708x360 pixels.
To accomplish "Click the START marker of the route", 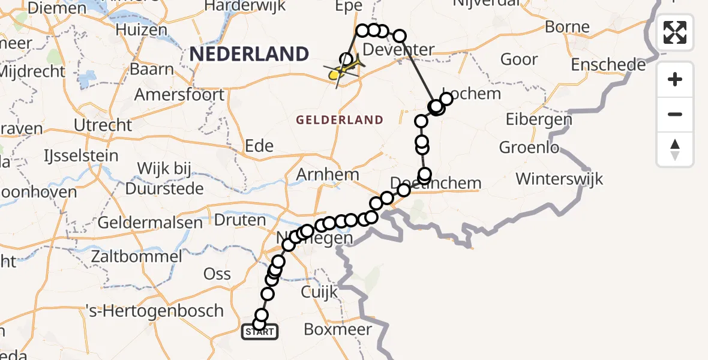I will pos(259,331).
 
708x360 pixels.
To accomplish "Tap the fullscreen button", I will pos(675,32).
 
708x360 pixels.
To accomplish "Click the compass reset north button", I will pos(675,149).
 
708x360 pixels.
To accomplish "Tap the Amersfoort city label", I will pos(179,95).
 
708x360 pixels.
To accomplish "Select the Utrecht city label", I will pos(103,125).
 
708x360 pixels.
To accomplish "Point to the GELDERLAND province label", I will pos(340,120).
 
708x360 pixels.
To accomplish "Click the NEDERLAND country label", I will pos(249,55).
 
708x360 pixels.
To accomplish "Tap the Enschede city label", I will pos(608,65).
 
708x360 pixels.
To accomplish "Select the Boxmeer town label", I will pos(338,329).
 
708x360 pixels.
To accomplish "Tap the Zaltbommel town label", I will pos(136,257).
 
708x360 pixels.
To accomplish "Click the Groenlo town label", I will pos(529,148).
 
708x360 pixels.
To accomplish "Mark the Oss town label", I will pos(217,274).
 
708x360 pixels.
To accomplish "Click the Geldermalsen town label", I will pos(150,223).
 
